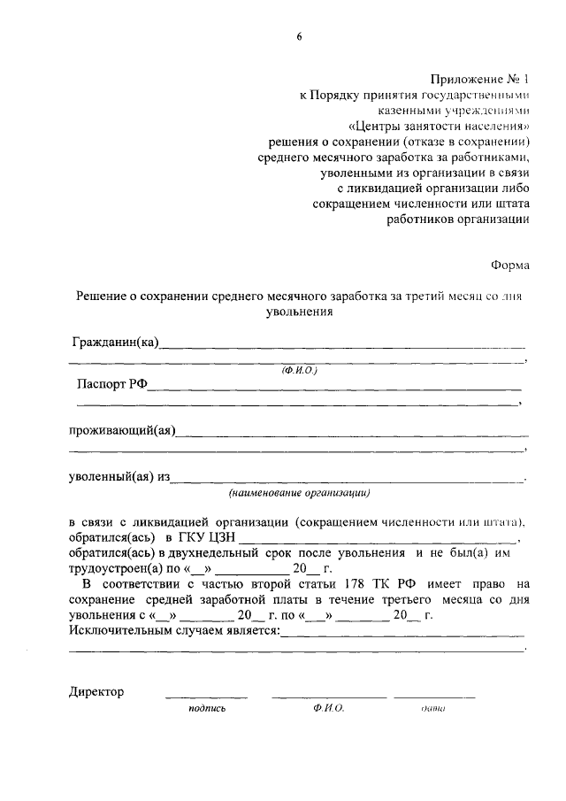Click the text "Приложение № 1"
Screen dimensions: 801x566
480,79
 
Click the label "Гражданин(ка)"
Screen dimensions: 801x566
115,343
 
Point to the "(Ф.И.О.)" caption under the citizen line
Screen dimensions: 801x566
300,370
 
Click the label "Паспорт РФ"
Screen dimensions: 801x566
111,385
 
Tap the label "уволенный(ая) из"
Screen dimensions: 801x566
119,477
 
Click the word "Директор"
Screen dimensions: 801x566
96,691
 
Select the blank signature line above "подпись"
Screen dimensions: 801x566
206,697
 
